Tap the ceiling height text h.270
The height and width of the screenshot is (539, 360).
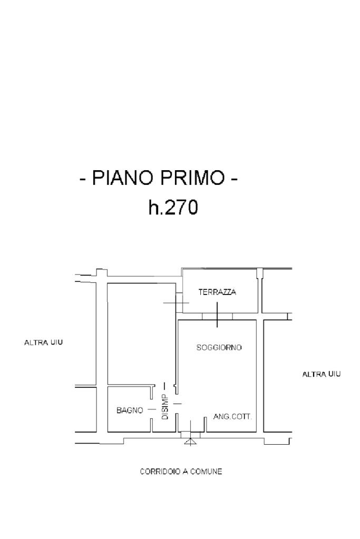173,208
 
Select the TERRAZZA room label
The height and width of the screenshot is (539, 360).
217,292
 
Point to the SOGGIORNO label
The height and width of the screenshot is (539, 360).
219,348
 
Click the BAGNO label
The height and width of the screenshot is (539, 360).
130,410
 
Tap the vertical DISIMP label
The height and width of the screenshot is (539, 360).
164,407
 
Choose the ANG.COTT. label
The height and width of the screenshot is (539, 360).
232,416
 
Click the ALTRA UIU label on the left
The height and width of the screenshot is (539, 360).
44,342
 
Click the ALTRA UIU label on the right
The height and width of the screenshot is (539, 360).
321,374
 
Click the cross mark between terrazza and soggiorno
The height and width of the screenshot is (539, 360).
217,315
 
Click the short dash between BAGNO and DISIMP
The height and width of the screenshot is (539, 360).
151,409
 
